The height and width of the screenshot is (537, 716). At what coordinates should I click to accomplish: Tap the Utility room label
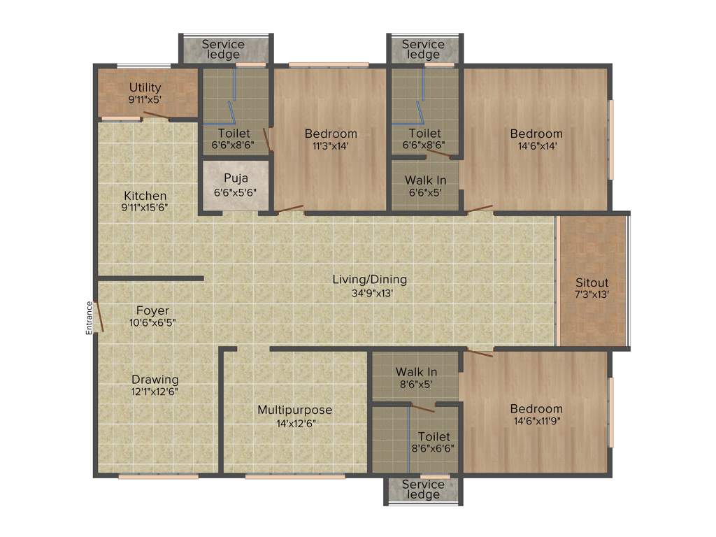pos(145,87)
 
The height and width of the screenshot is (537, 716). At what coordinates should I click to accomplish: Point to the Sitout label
pos(592,282)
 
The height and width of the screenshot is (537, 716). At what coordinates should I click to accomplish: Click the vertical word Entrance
pos(89,318)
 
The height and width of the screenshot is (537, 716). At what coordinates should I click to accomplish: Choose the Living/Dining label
pos(369,280)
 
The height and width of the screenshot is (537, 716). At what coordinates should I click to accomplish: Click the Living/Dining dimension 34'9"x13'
pos(369,294)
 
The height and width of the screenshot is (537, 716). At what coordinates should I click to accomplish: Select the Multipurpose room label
pos(294,410)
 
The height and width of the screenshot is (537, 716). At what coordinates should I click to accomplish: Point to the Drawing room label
pos(155,380)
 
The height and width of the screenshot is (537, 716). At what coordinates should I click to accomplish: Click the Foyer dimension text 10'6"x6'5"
pos(152,322)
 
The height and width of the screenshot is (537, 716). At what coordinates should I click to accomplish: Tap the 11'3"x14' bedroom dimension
pos(331,146)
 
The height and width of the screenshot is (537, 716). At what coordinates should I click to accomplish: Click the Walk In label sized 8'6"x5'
pos(416,372)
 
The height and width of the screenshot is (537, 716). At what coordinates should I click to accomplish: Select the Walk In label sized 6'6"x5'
pos(425,180)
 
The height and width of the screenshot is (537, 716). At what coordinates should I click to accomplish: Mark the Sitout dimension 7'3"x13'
pos(592,295)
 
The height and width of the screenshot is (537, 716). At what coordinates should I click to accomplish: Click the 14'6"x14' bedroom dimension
pos(536,146)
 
